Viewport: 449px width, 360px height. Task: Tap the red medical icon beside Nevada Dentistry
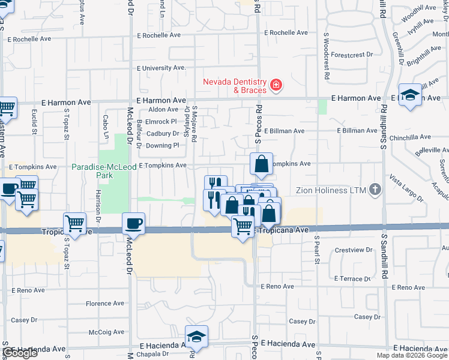(276, 86)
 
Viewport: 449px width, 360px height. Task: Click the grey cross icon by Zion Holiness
(375, 190)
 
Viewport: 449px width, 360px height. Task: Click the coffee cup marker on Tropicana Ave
(133, 224)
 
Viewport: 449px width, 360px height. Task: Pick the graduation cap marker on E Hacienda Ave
(196, 338)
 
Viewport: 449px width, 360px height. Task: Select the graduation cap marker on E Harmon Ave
(410, 95)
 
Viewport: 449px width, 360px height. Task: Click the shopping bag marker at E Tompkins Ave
(262, 163)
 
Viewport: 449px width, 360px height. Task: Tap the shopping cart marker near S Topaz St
(75, 224)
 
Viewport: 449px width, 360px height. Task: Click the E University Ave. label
(161, 68)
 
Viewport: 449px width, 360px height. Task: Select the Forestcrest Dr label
(352, 55)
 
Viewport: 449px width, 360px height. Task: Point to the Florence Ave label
(104, 304)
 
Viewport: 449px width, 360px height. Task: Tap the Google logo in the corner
(20, 353)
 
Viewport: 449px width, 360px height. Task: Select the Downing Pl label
(162, 146)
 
